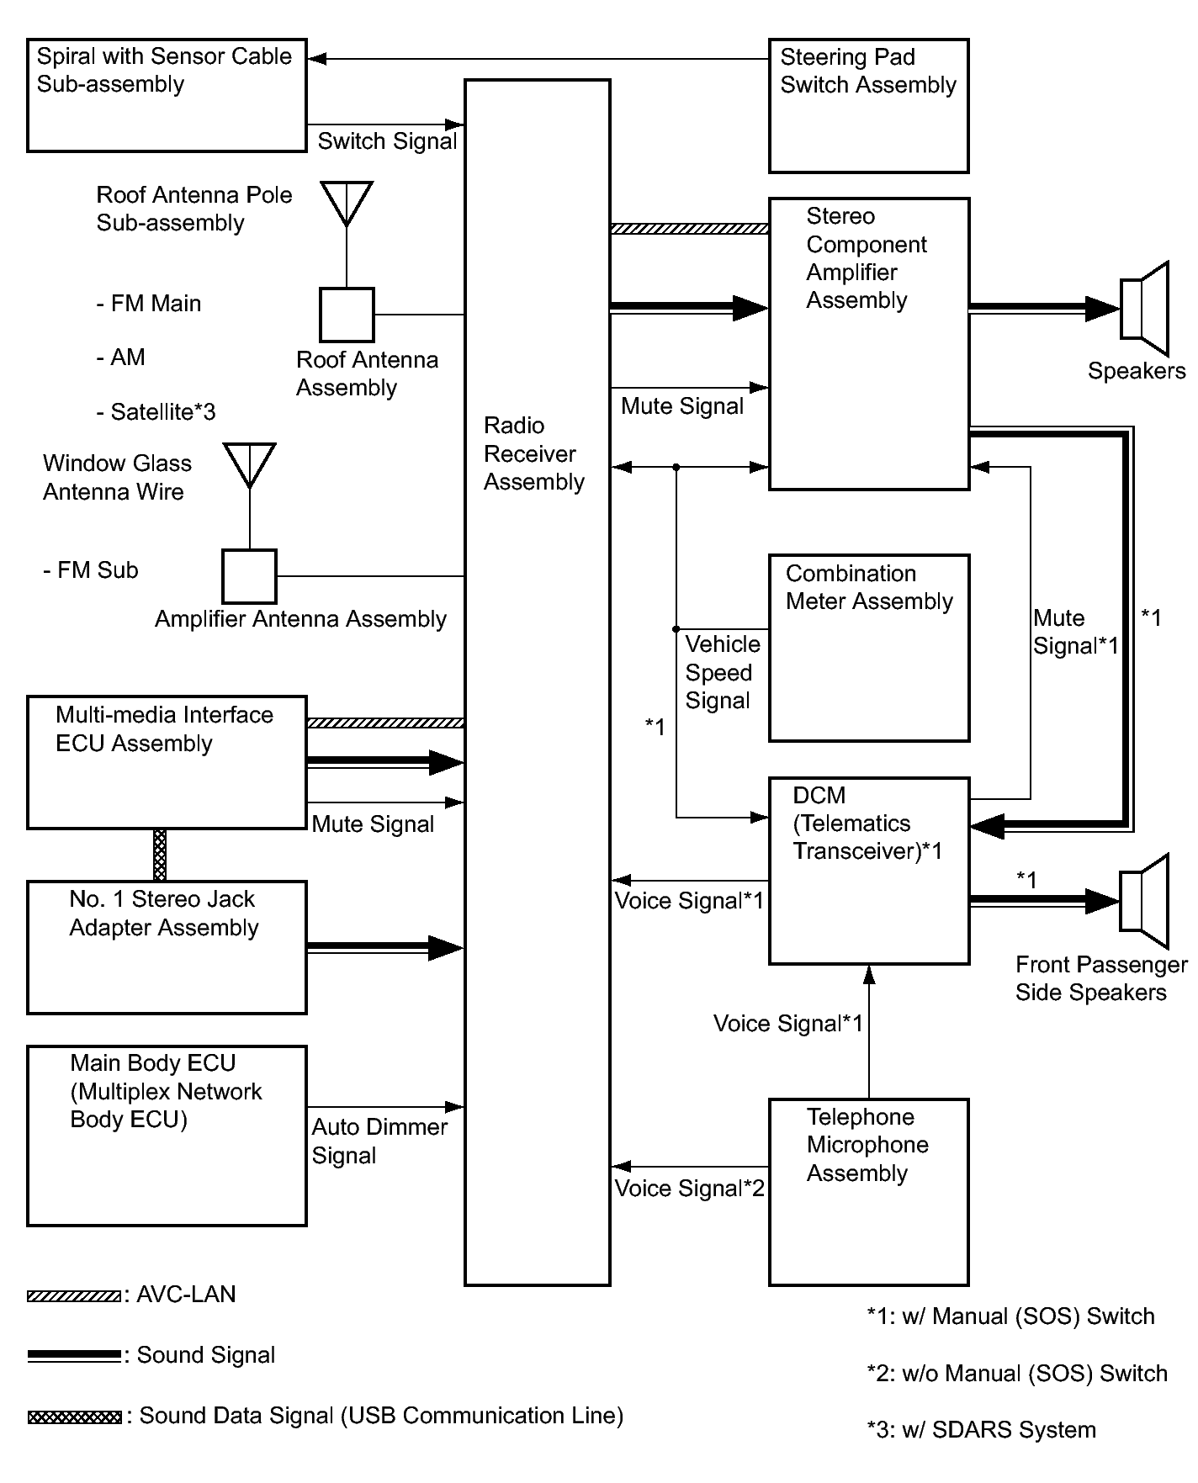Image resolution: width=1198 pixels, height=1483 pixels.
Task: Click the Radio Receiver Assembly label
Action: point(533,453)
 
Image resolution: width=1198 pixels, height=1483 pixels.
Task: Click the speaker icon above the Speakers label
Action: point(1144,309)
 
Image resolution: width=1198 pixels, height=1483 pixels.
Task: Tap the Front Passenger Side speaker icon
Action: point(1144,901)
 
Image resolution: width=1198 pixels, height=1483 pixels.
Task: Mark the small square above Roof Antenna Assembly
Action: point(347,315)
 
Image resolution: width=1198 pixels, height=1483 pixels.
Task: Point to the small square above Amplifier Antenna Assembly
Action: point(250,576)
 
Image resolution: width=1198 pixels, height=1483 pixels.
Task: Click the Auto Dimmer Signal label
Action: point(379,1141)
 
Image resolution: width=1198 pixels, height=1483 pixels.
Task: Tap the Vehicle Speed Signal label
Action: point(723,672)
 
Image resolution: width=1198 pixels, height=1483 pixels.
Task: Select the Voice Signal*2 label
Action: point(690,1188)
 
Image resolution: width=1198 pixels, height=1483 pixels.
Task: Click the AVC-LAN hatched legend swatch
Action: point(73,1296)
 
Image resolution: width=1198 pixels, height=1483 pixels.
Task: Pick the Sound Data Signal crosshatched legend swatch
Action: point(74,1417)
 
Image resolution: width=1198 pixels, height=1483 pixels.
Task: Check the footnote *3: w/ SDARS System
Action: point(981,1430)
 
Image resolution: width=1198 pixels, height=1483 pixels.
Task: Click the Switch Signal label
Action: point(387,141)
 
